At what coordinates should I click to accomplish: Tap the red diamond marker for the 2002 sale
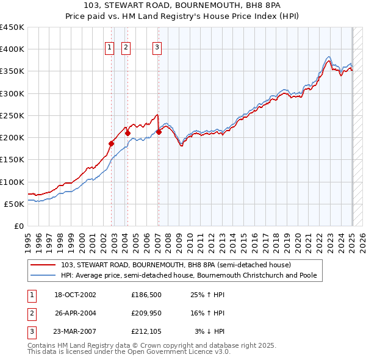(x=112, y=143)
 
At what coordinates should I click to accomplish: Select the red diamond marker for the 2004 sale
(x=128, y=132)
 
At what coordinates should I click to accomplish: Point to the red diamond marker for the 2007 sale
(x=159, y=131)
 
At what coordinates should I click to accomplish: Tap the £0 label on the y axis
(x=19, y=226)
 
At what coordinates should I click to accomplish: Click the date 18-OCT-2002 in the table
(x=76, y=295)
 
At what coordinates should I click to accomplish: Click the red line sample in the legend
(x=43, y=265)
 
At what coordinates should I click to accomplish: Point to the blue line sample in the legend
(x=43, y=275)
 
